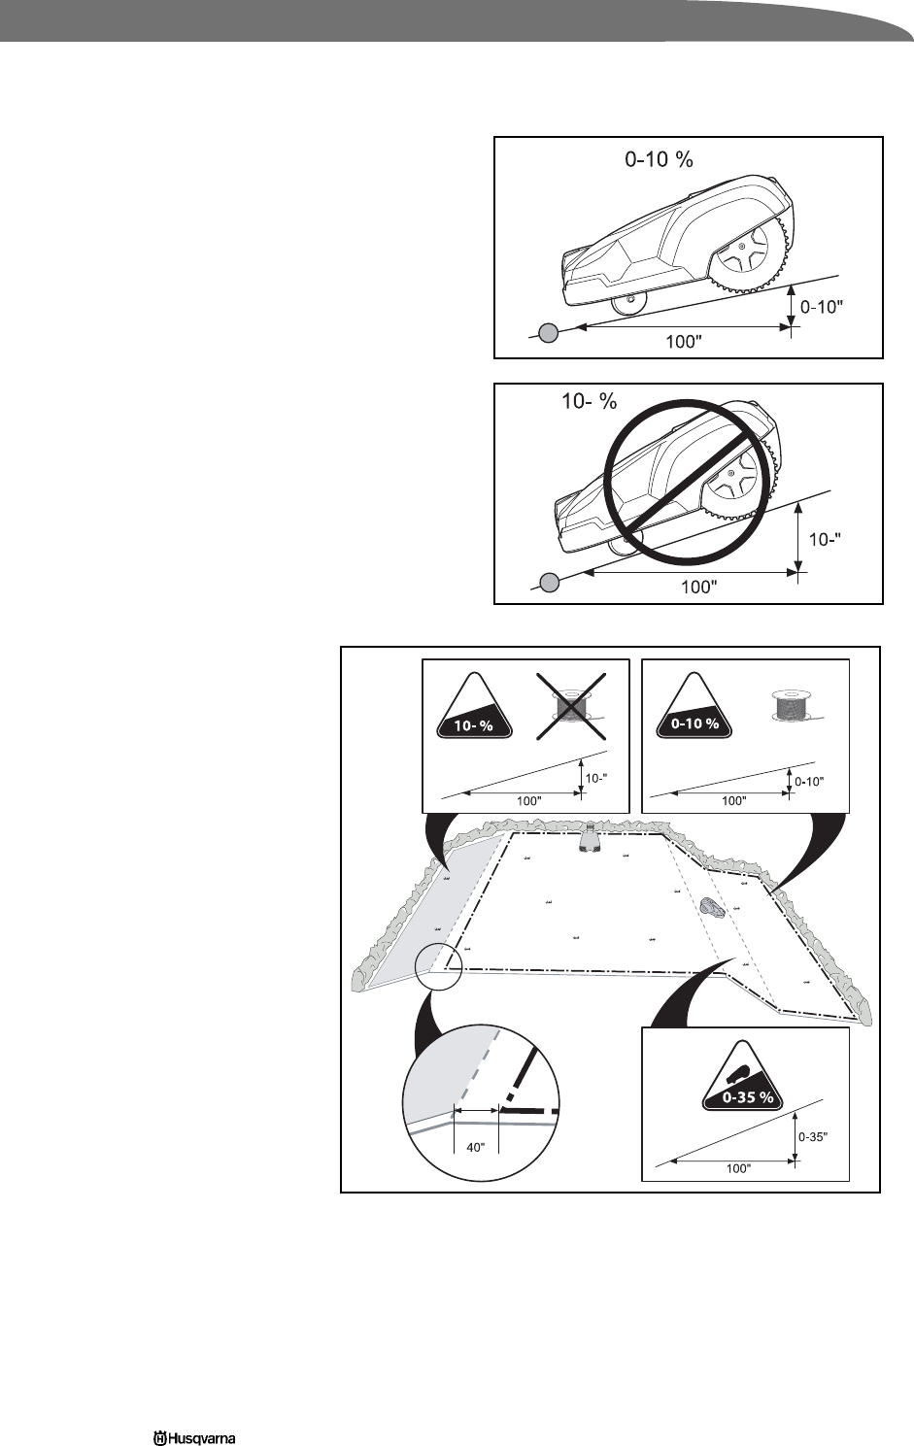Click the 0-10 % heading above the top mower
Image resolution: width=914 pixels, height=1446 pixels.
click(x=659, y=159)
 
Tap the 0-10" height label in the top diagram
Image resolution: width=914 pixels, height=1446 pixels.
click(x=820, y=306)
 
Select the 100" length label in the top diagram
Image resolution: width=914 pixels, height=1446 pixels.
click(x=685, y=342)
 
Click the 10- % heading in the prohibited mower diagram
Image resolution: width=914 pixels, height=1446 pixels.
click(x=589, y=401)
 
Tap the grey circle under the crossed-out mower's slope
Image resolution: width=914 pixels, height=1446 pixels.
click(x=549, y=583)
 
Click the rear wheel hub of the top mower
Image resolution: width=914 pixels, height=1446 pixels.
click(x=741, y=248)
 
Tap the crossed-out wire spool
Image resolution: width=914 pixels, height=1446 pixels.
click(x=571, y=705)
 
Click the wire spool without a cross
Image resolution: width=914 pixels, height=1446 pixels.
click(x=790, y=705)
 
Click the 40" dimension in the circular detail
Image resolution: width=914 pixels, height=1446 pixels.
click(x=476, y=1147)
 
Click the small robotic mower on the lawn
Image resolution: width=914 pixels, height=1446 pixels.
click(x=711, y=907)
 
